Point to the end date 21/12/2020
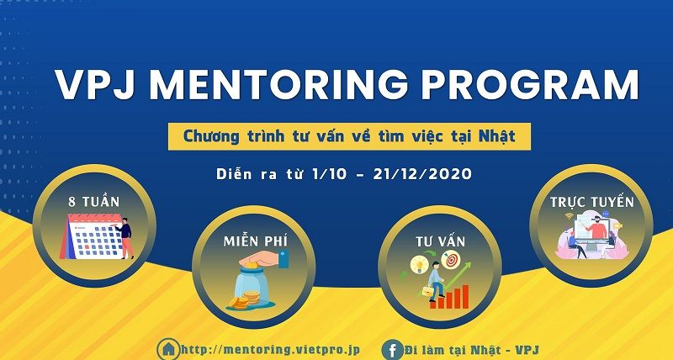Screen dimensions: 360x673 point(426,175)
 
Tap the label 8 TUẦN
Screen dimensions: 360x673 point(94,203)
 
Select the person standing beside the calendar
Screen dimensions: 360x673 point(125,238)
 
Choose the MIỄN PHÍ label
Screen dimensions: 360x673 point(253,242)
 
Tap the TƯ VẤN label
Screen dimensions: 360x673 point(439,242)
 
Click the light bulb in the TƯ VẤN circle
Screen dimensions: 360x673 point(416,266)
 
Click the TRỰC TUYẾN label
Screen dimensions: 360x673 point(591,203)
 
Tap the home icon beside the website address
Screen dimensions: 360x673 point(169,348)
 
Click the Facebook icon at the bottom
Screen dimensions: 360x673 point(391,348)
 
